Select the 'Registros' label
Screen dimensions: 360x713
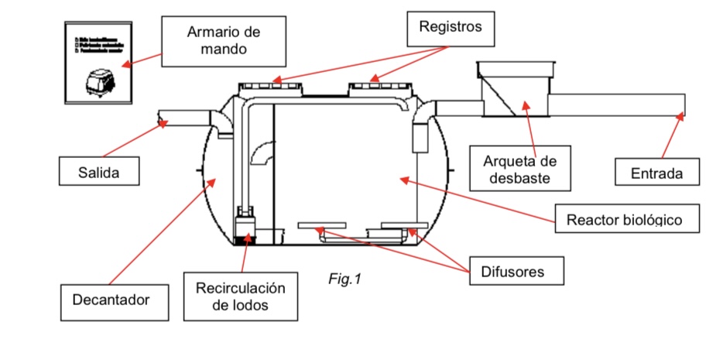(450, 27)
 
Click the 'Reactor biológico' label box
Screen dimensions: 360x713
(624, 219)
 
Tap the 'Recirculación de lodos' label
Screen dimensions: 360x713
(241, 296)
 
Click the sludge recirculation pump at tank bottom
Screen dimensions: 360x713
(245, 224)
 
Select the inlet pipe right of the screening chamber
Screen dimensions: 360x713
(619, 105)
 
